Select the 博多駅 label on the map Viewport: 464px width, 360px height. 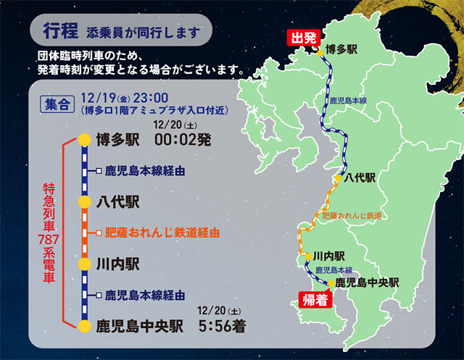click(343, 49)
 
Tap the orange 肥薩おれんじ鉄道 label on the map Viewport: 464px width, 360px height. click(352, 216)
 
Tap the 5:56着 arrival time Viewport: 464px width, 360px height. click(222, 326)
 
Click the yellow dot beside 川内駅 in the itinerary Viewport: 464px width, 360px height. click(85, 263)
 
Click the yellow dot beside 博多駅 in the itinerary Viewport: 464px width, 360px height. click(85, 140)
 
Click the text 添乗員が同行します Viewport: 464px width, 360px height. click(142, 32)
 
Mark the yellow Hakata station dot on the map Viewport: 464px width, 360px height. click(320, 51)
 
